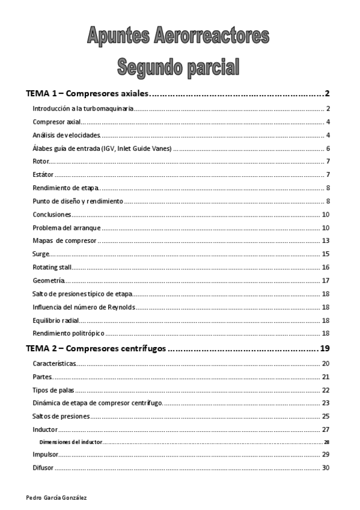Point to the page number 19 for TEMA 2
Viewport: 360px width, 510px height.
pos(326,349)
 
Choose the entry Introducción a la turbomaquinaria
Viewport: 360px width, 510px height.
pos(82,109)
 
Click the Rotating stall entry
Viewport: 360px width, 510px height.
pos(52,267)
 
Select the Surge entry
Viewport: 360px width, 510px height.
pos(41,254)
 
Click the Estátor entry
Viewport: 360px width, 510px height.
pos(43,174)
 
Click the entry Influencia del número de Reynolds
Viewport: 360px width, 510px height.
pos(84,307)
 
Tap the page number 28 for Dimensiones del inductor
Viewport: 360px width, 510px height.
pos(326,442)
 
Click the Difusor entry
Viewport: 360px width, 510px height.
pos(43,467)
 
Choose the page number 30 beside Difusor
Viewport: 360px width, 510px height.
pos(326,467)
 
